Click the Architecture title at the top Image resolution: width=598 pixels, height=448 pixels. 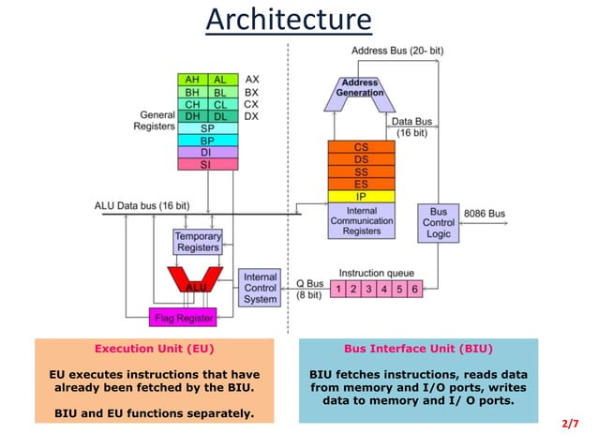(x=289, y=19)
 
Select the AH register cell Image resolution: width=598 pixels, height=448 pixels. (x=192, y=81)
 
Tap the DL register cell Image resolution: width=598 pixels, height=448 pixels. (x=220, y=116)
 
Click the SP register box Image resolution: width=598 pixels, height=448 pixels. (x=206, y=128)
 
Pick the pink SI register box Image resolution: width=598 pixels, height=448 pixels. (x=206, y=164)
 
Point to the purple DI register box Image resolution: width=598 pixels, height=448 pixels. (x=206, y=152)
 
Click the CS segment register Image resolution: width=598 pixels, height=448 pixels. (x=361, y=147)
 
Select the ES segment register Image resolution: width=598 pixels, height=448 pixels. (x=361, y=184)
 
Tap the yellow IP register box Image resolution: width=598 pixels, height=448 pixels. (x=361, y=197)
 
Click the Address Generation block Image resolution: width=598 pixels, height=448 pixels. (x=361, y=87)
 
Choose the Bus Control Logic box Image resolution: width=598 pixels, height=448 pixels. (x=439, y=223)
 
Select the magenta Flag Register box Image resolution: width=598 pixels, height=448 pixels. (x=184, y=318)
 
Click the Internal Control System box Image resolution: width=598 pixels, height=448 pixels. (x=260, y=288)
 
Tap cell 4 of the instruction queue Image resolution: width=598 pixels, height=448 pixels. (x=384, y=289)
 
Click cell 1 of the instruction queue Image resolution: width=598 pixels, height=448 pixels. (x=339, y=289)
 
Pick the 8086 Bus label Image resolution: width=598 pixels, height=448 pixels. (x=486, y=214)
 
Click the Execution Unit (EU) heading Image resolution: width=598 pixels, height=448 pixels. (x=155, y=349)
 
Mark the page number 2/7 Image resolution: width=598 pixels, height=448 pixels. (x=570, y=424)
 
